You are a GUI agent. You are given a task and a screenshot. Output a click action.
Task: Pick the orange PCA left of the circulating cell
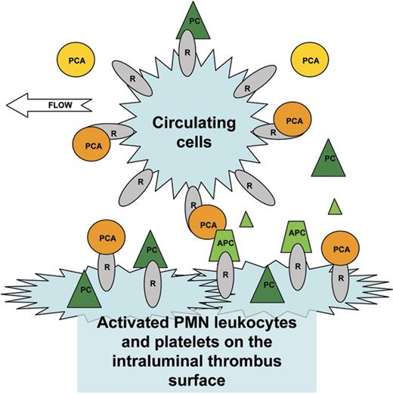(91, 143)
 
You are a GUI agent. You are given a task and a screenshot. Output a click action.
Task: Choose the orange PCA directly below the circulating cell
(208, 223)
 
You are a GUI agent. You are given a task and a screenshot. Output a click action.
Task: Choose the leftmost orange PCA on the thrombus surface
(108, 235)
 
